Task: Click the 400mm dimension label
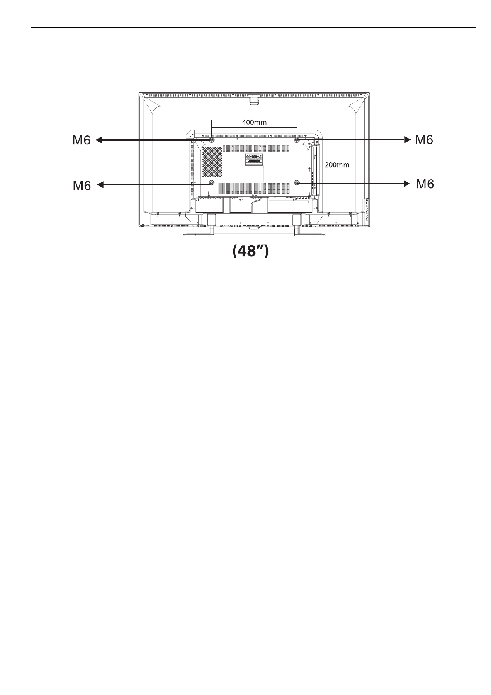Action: point(254,122)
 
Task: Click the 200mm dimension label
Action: point(337,165)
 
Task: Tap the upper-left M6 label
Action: point(82,141)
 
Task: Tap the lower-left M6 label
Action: point(82,186)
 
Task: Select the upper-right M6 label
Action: point(424,140)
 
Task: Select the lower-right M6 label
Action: point(425,184)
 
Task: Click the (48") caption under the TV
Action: point(250,251)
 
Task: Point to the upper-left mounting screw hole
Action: point(212,140)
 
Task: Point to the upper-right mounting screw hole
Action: point(297,140)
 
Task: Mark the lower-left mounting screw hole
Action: point(212,183)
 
